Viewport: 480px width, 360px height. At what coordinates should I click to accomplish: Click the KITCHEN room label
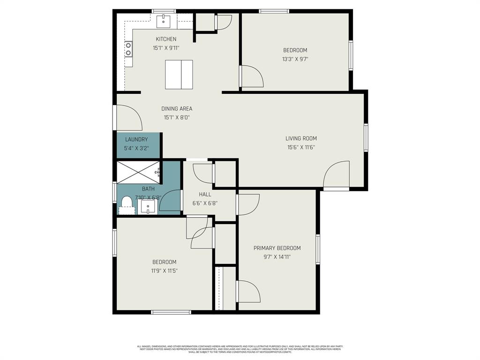[x=166, y=39]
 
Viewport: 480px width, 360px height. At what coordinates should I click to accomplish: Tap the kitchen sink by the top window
[x=164, y=20]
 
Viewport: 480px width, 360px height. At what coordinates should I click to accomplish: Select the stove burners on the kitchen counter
[x=128, y=49]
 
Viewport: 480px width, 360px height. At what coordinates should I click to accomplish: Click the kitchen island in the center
[x=179, y=75]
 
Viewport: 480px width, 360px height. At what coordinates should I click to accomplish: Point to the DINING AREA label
[x=177, y=109]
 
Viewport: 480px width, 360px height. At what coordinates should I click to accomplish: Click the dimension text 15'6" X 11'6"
[x=301, y=147]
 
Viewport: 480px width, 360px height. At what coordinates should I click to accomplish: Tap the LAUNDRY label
[x=136, y=139]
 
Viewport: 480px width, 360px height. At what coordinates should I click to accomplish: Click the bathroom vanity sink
[x=148, y=207]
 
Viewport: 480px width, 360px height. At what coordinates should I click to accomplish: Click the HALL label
[x=205, y=194]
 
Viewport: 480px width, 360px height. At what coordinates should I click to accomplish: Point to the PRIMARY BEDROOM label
[x=277, y=248]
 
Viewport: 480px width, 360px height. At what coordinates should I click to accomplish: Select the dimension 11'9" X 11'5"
[x=164, y=270]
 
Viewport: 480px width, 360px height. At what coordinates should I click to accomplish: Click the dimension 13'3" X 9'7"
[x=295, y=59]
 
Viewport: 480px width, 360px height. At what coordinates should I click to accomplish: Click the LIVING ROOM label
[x=301, y=138]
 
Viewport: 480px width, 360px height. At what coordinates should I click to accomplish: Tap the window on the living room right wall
[x=366, y=138]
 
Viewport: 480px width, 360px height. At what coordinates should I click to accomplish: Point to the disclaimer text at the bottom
[x=240, y=349]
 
